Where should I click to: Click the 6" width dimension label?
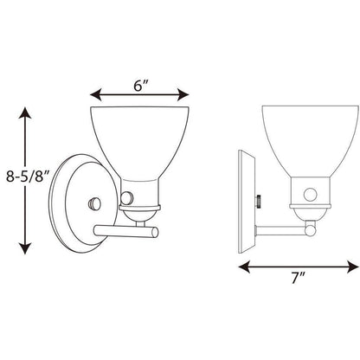coord(141,86)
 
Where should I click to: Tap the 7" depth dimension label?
coord(298,278)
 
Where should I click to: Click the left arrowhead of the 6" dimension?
coord(96,94)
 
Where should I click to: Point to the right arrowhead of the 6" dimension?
coord(183,94)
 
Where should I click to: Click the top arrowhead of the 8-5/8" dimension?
coord(25,113)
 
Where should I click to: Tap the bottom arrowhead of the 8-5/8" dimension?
coord(25,248)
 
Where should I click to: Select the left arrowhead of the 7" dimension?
coord(244,267)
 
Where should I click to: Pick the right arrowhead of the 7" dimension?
coord(352,267)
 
